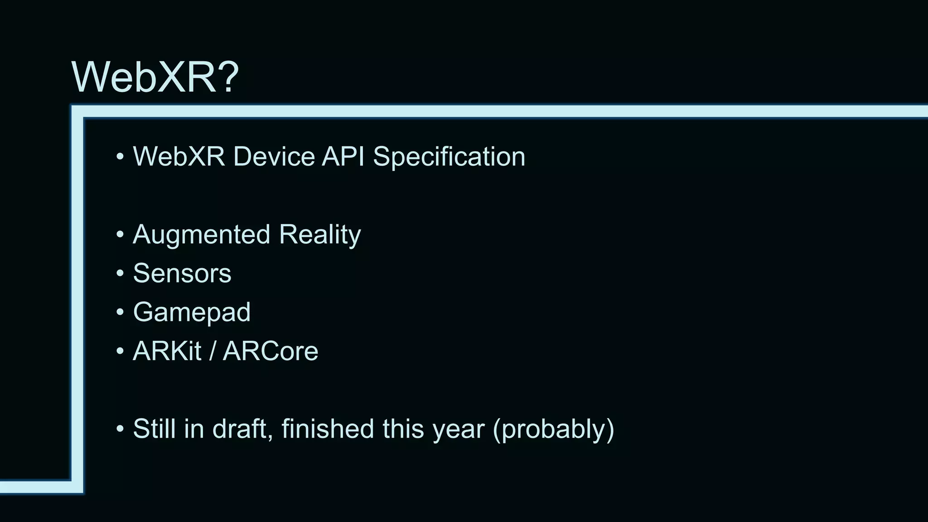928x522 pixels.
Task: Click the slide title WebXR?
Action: click(155, 77)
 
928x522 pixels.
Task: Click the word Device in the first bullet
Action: click(274, 157)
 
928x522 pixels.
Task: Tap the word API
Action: click(343, 157)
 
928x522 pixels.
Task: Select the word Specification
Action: click(449, 157)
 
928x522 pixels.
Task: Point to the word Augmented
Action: click(202, 235)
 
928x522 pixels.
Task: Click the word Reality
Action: click(319, 235)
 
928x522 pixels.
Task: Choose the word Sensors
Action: click(182, 273)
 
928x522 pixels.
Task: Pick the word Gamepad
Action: click(192, 312)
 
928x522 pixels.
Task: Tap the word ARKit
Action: click(167, 351)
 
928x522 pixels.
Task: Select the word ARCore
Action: click(271, 351)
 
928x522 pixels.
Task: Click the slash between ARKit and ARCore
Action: click(212, 351)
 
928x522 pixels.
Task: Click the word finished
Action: click(327, 429)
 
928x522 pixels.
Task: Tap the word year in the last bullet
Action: click(458, 429)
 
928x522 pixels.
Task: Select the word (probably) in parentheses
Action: click(553, 429)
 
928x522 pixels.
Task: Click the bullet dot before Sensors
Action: click(120, 273)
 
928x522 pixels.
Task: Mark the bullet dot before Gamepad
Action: click(120, 312)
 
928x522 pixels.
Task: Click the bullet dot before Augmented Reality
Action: click(120, 235)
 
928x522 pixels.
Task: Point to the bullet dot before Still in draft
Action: click(120, 429)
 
